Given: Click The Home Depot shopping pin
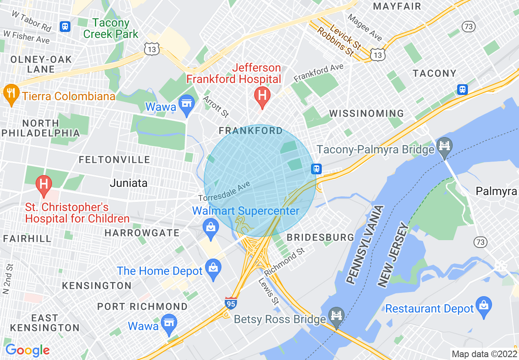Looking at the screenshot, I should pos(213,268).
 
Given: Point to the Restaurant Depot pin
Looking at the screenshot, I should pos(484,306).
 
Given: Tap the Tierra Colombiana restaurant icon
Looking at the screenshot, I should pos(11,93).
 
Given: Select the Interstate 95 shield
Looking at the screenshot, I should pos(231,303).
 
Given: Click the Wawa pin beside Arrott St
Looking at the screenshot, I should pos(187,103).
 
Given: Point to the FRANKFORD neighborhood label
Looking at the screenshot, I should pos(250,131).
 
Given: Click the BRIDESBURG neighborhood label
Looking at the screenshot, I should pos(320,237).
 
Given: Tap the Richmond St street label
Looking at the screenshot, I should pos(284,261).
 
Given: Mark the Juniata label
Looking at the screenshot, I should pos(129,183).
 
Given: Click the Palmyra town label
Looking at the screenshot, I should pos(496,191).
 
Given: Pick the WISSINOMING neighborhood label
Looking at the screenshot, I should pos(366,113).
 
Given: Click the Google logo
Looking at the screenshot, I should pos(27,350).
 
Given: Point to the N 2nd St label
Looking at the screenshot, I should pos(6,279).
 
